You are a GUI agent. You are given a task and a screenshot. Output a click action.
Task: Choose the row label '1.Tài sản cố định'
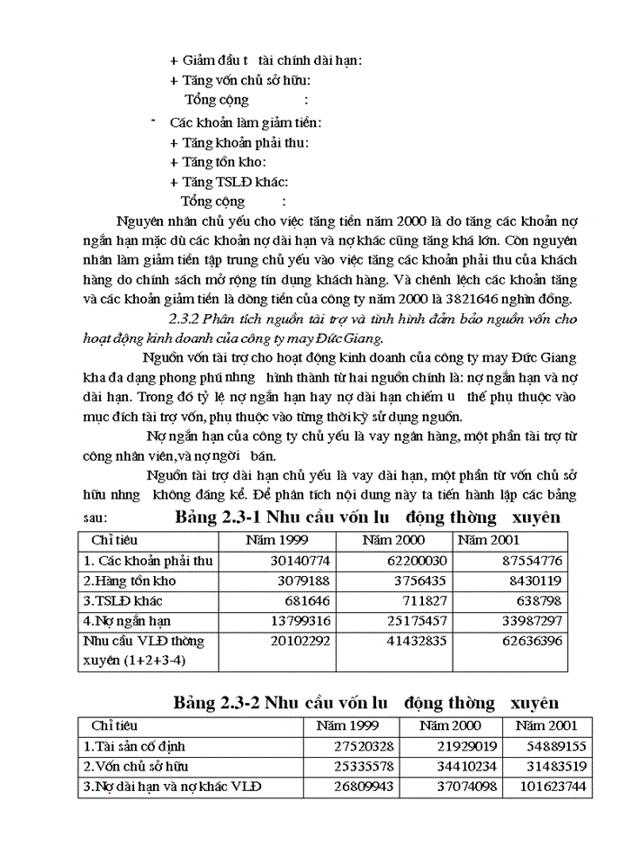pos(135,746)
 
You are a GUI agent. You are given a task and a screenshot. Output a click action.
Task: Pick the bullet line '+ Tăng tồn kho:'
pos(218,162)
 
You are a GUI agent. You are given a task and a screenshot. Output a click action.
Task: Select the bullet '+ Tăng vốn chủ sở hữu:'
pos(240,81)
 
